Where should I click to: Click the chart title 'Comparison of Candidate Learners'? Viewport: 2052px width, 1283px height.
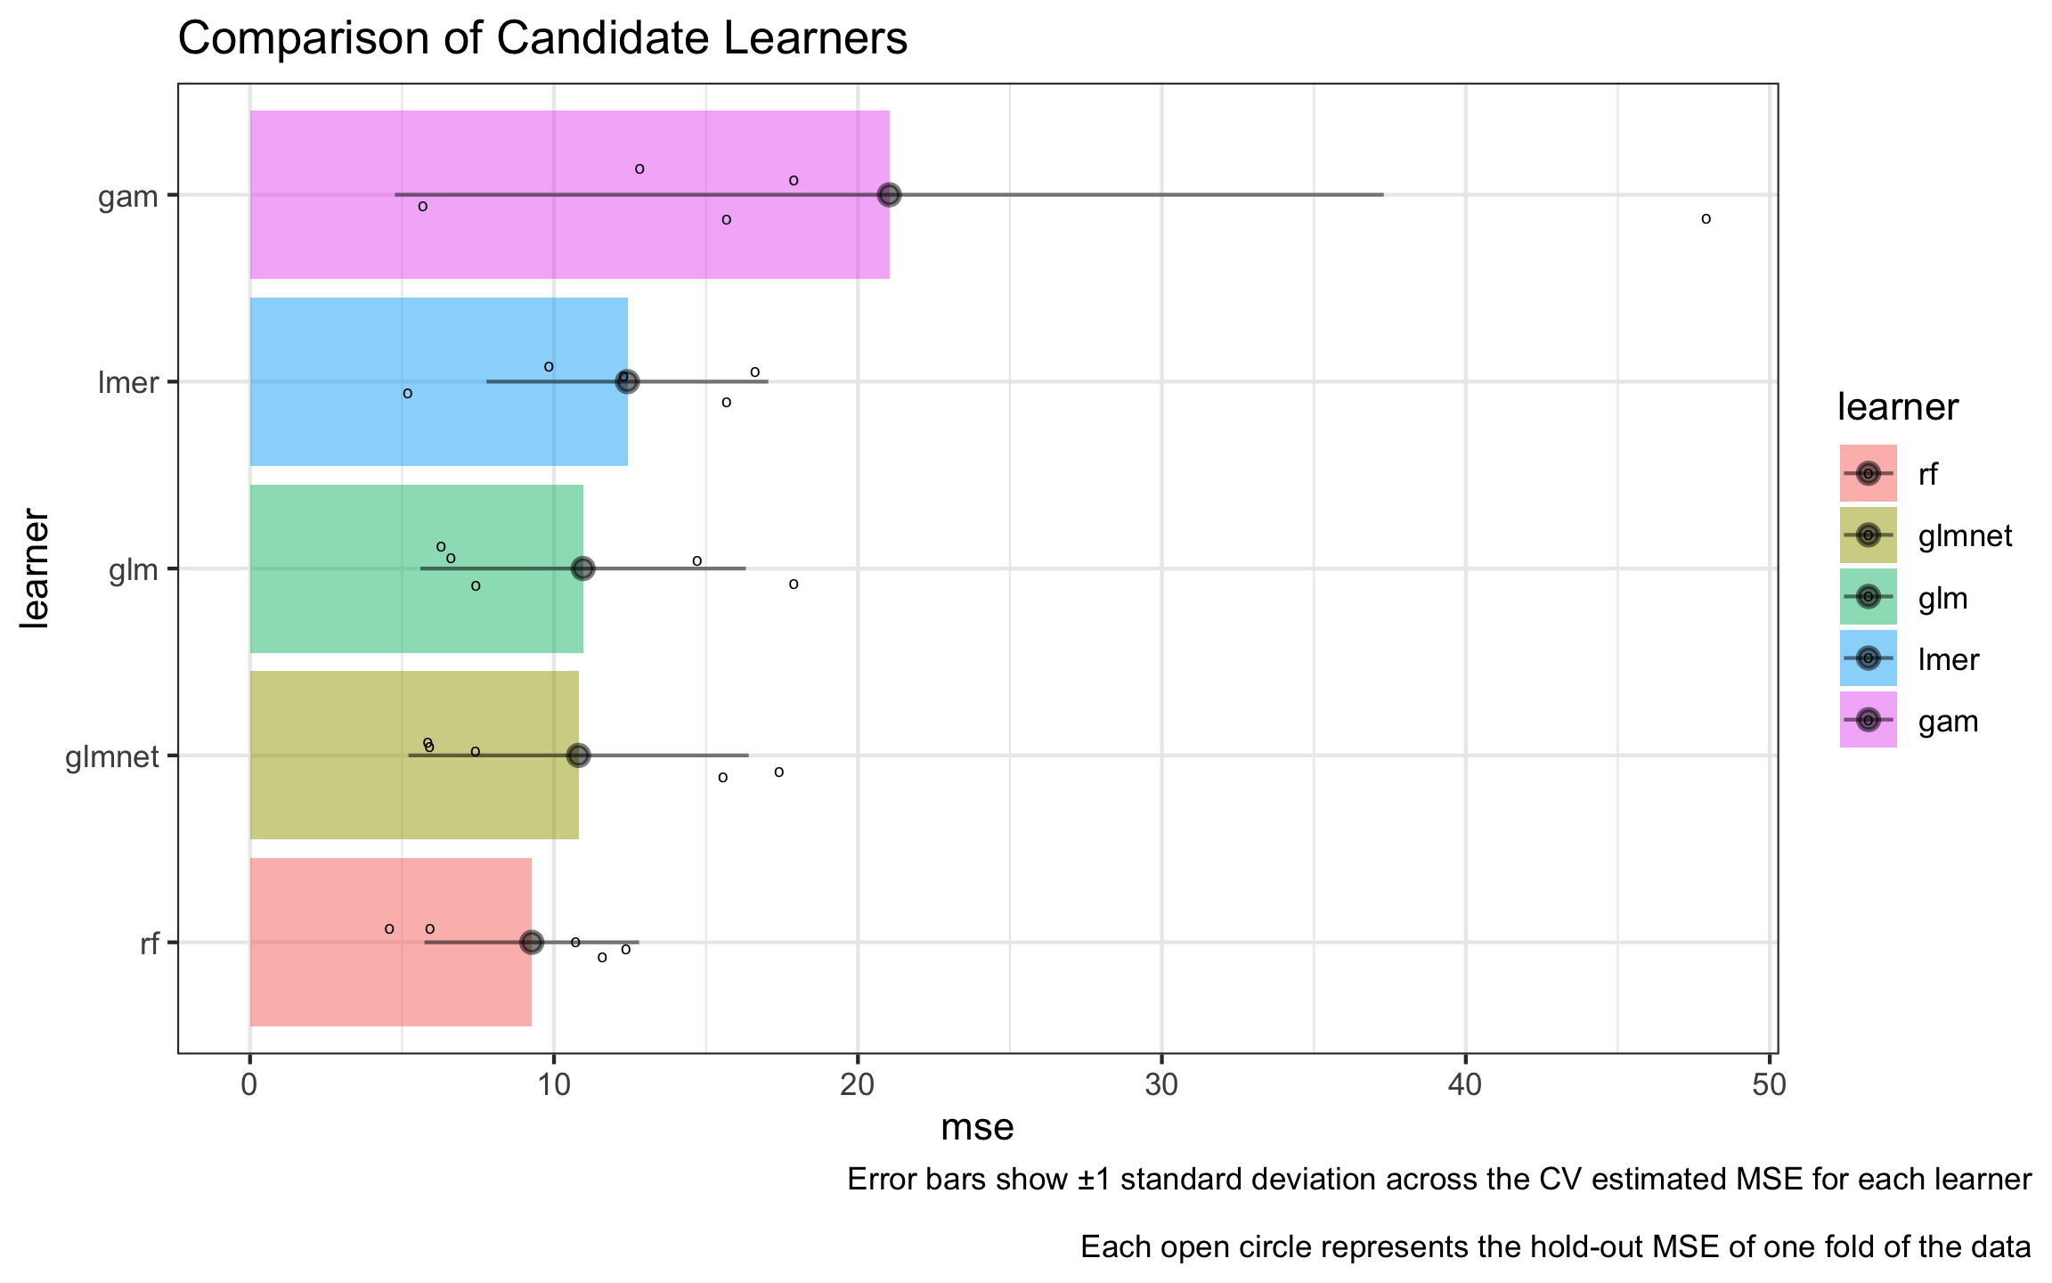pyautogui.click(x=542, y=39)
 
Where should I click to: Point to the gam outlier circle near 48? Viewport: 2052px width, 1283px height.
pyautogui.click(x=1706, y=218)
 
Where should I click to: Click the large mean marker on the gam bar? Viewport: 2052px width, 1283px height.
pyautogui.click(x=889, y=194)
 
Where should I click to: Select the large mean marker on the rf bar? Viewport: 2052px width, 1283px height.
pyautogui.click(x=531, y=942)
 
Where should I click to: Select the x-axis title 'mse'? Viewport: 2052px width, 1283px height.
pyautogui.click(x=977, y=1128)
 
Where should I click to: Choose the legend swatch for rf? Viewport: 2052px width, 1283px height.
pyautogui.click(x=1868, y=473)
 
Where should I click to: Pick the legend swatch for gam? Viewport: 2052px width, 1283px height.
pyautogui.click(x=1868, y=719)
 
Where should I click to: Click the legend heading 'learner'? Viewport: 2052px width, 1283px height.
pyautogui.click(x=1897, y=407)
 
